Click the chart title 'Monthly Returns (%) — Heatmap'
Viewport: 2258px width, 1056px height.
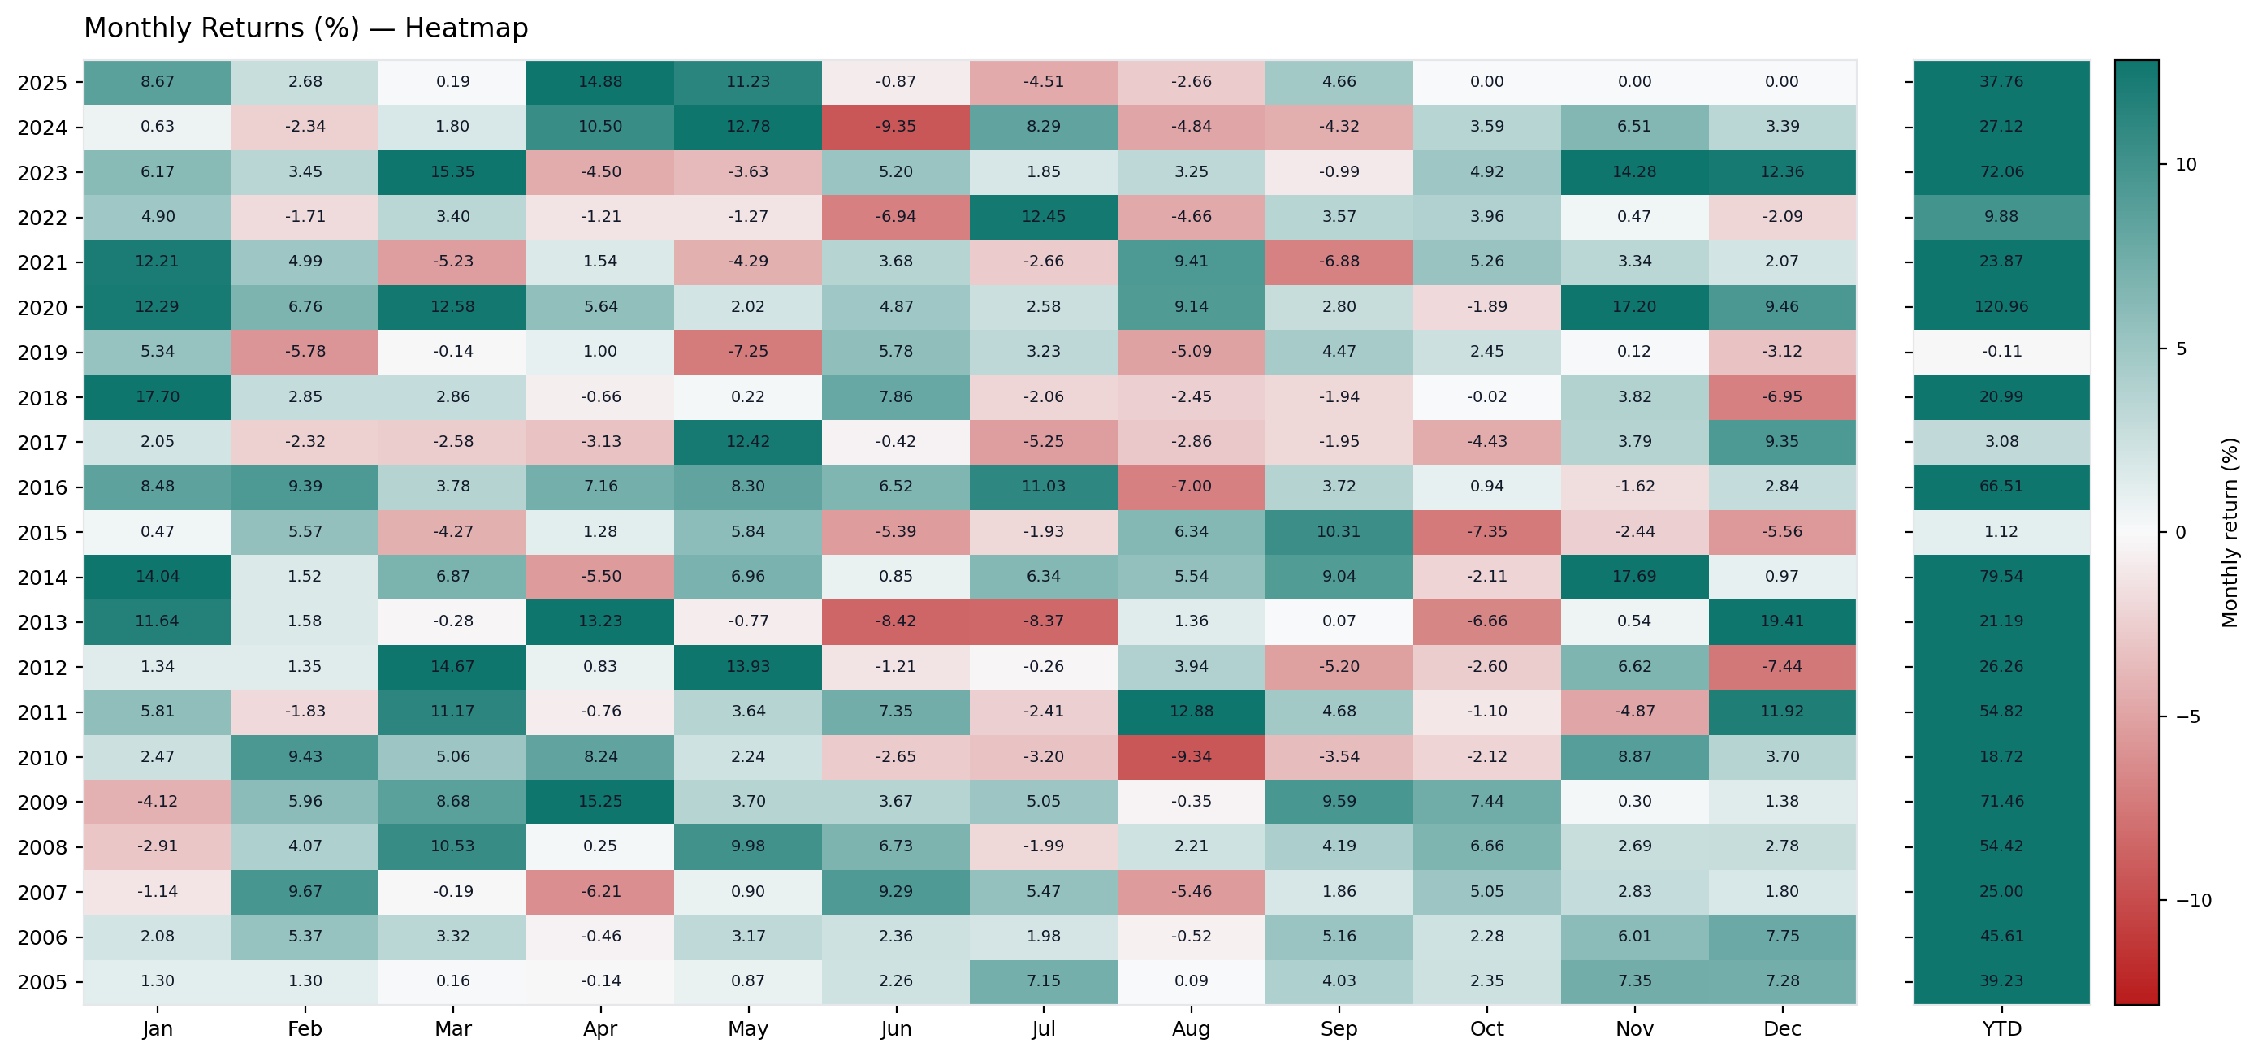[306, 28]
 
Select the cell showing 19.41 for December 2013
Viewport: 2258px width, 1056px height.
[1781, 621]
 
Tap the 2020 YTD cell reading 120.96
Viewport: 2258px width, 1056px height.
[2001, 307]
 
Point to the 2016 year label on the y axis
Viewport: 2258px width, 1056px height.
[42, 488]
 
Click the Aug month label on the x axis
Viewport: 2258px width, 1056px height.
[1191, 1029]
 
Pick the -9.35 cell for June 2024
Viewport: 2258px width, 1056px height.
[895, 127]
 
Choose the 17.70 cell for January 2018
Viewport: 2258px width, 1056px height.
[157, 397]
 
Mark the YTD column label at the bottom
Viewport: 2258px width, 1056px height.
[2001, 1029]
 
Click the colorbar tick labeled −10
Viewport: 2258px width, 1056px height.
[2193, 900]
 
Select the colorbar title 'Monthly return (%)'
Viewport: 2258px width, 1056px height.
[2230, 532]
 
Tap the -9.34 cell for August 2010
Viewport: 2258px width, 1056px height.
[1191, 756]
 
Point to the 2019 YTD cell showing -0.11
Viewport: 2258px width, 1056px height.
[2001, 352]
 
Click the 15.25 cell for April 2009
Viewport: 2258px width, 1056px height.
[599, 801]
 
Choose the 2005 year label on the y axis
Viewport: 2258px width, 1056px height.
[42, 982]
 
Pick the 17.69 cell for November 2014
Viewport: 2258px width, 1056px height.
[1634, 577]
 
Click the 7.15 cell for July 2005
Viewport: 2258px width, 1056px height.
[1043, 980]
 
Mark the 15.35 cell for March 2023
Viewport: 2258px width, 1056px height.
[452, 171]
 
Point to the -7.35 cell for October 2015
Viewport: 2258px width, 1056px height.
[1486, 532]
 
